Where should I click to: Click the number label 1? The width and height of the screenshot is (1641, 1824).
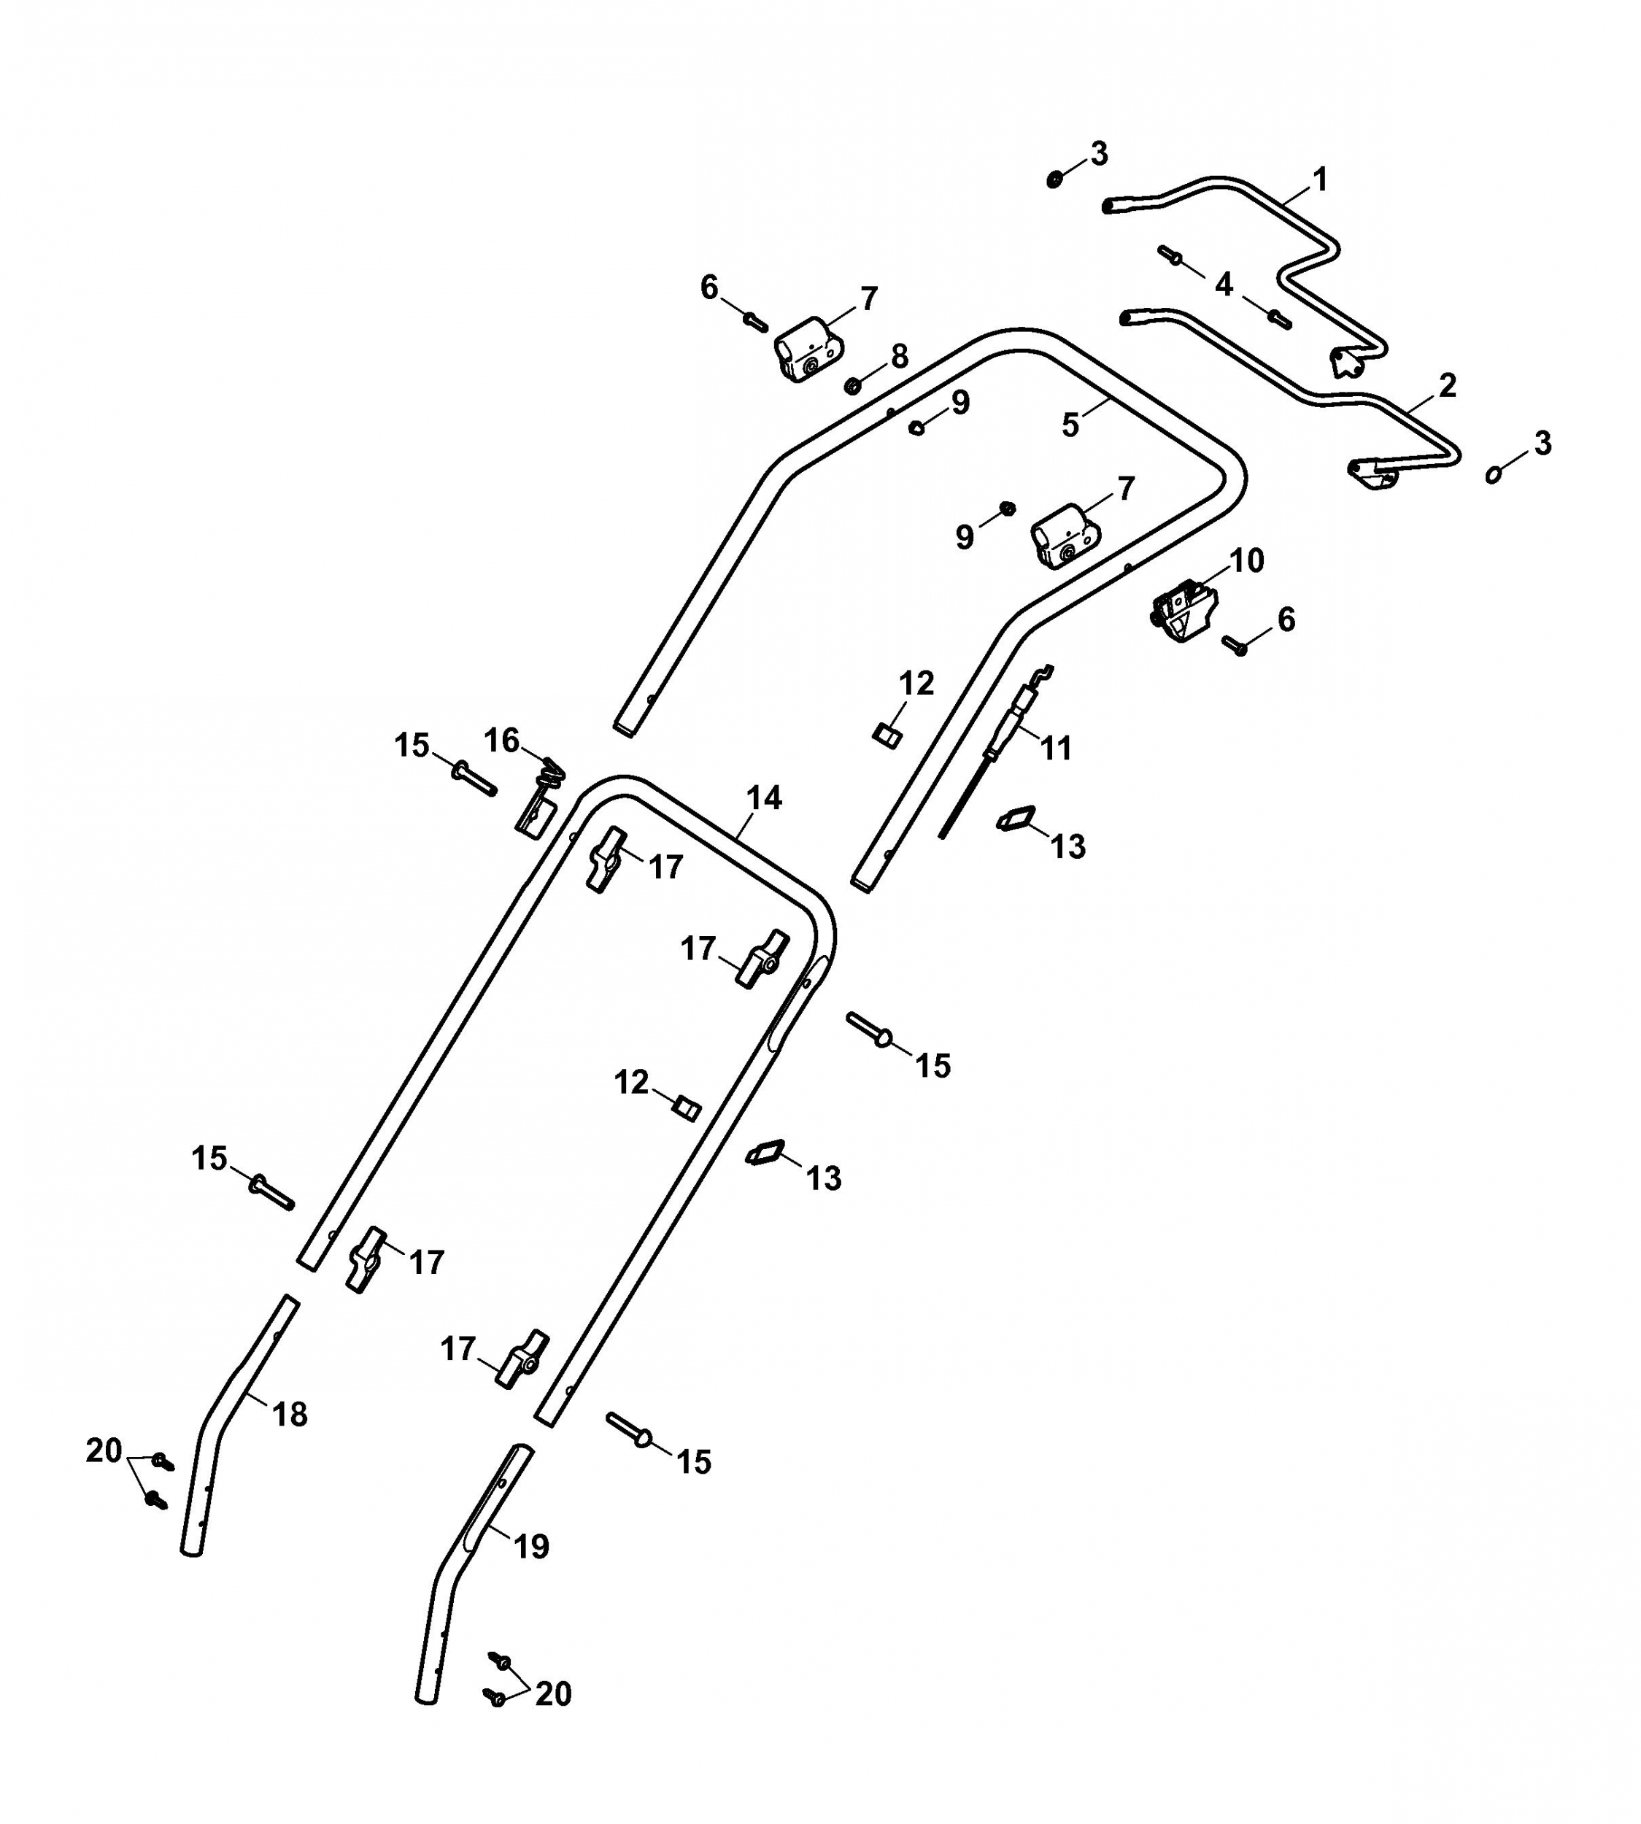coord(1321,179)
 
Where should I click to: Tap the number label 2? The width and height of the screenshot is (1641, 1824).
coord(1447,385)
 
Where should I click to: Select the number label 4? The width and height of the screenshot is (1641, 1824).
coord(1224,285)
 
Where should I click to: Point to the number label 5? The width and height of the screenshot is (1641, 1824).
coord(1070,425)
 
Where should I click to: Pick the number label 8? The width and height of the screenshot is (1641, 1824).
coord(900,357)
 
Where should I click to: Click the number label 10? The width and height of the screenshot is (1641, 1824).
coord(1248,561)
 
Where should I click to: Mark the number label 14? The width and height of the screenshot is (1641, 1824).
coord(764,798)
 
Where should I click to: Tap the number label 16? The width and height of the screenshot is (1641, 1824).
coord(502,741)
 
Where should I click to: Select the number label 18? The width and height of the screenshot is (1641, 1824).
coord(290,1415)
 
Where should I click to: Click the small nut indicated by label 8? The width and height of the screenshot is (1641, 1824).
coord(852,386)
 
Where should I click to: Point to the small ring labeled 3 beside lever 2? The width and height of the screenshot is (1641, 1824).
coord(1494,474)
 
